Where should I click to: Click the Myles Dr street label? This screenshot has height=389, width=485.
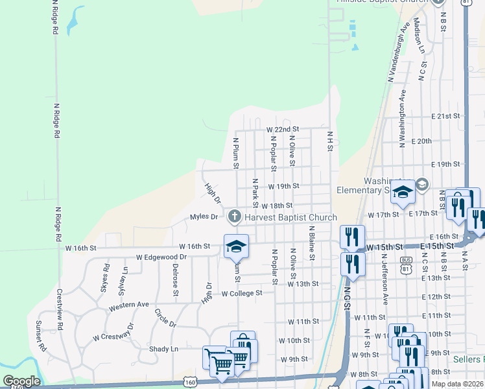point(204,217)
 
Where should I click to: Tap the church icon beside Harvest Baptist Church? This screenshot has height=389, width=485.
point(233,217)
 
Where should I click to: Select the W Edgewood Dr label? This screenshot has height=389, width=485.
point(161,257)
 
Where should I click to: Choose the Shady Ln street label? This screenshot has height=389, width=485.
point(164,348)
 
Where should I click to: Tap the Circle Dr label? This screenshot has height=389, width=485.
point(165,318)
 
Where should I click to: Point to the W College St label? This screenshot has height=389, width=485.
point(241,293)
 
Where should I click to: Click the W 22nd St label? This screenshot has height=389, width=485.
point(283,130)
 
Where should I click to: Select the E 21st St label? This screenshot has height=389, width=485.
point(445,116)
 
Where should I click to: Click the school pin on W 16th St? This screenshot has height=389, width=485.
point(236,246)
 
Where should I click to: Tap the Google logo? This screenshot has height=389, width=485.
point(21,381)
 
